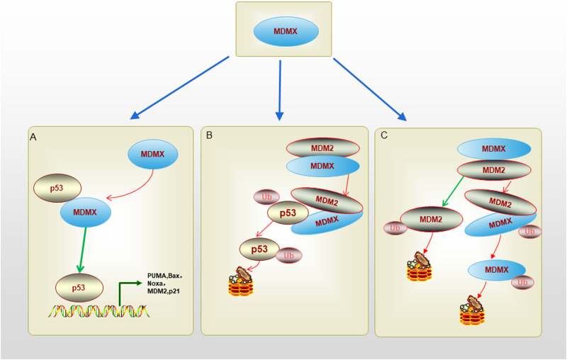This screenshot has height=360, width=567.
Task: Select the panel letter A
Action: (33, 136)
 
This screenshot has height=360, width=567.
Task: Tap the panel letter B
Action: (209, 135)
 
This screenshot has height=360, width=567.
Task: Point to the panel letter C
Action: (384, 135)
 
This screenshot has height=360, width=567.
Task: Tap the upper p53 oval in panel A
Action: (57, 188)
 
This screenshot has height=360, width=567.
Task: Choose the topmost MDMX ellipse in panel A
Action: (154, 154)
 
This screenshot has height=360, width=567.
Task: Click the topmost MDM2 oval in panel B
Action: (322, 147)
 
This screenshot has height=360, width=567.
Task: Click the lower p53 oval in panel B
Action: (260, 249)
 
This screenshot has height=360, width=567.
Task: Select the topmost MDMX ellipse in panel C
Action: (494, 149)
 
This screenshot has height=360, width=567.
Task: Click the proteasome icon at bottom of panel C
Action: (473, 311)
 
